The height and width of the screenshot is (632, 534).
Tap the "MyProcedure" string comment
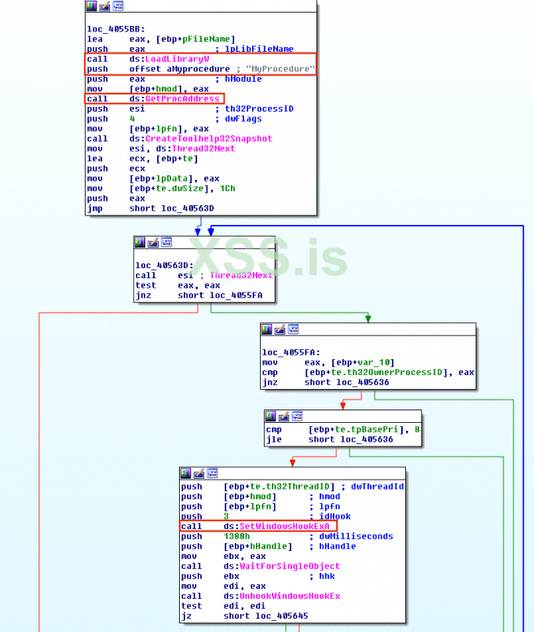click(279, 69)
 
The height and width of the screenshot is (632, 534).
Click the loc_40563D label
click(158, 266)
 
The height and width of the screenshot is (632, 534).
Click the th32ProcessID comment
click(259, 108)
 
